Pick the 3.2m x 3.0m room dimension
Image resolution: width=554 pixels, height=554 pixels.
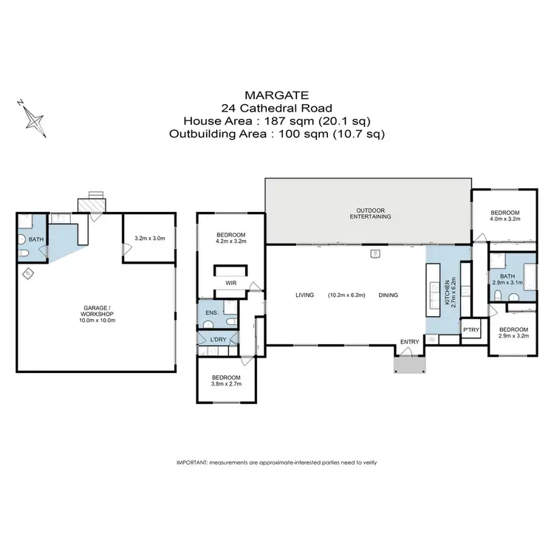click(148, 239)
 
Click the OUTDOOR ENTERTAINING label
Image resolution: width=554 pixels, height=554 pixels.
click(367, 213)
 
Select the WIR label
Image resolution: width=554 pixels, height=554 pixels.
click(230, 282)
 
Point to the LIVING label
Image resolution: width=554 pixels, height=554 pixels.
click(305, 295)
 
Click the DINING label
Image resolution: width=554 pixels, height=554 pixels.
click(388, 295)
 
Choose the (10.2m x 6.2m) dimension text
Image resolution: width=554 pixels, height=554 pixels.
click(347, 295)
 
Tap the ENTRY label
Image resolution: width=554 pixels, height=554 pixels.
click(408, 341)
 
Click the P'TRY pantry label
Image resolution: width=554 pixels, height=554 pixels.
click(469, 330)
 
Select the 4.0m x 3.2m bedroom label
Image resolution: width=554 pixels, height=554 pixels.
click(505, 218)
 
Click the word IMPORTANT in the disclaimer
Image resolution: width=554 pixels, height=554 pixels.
click(191, 462)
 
